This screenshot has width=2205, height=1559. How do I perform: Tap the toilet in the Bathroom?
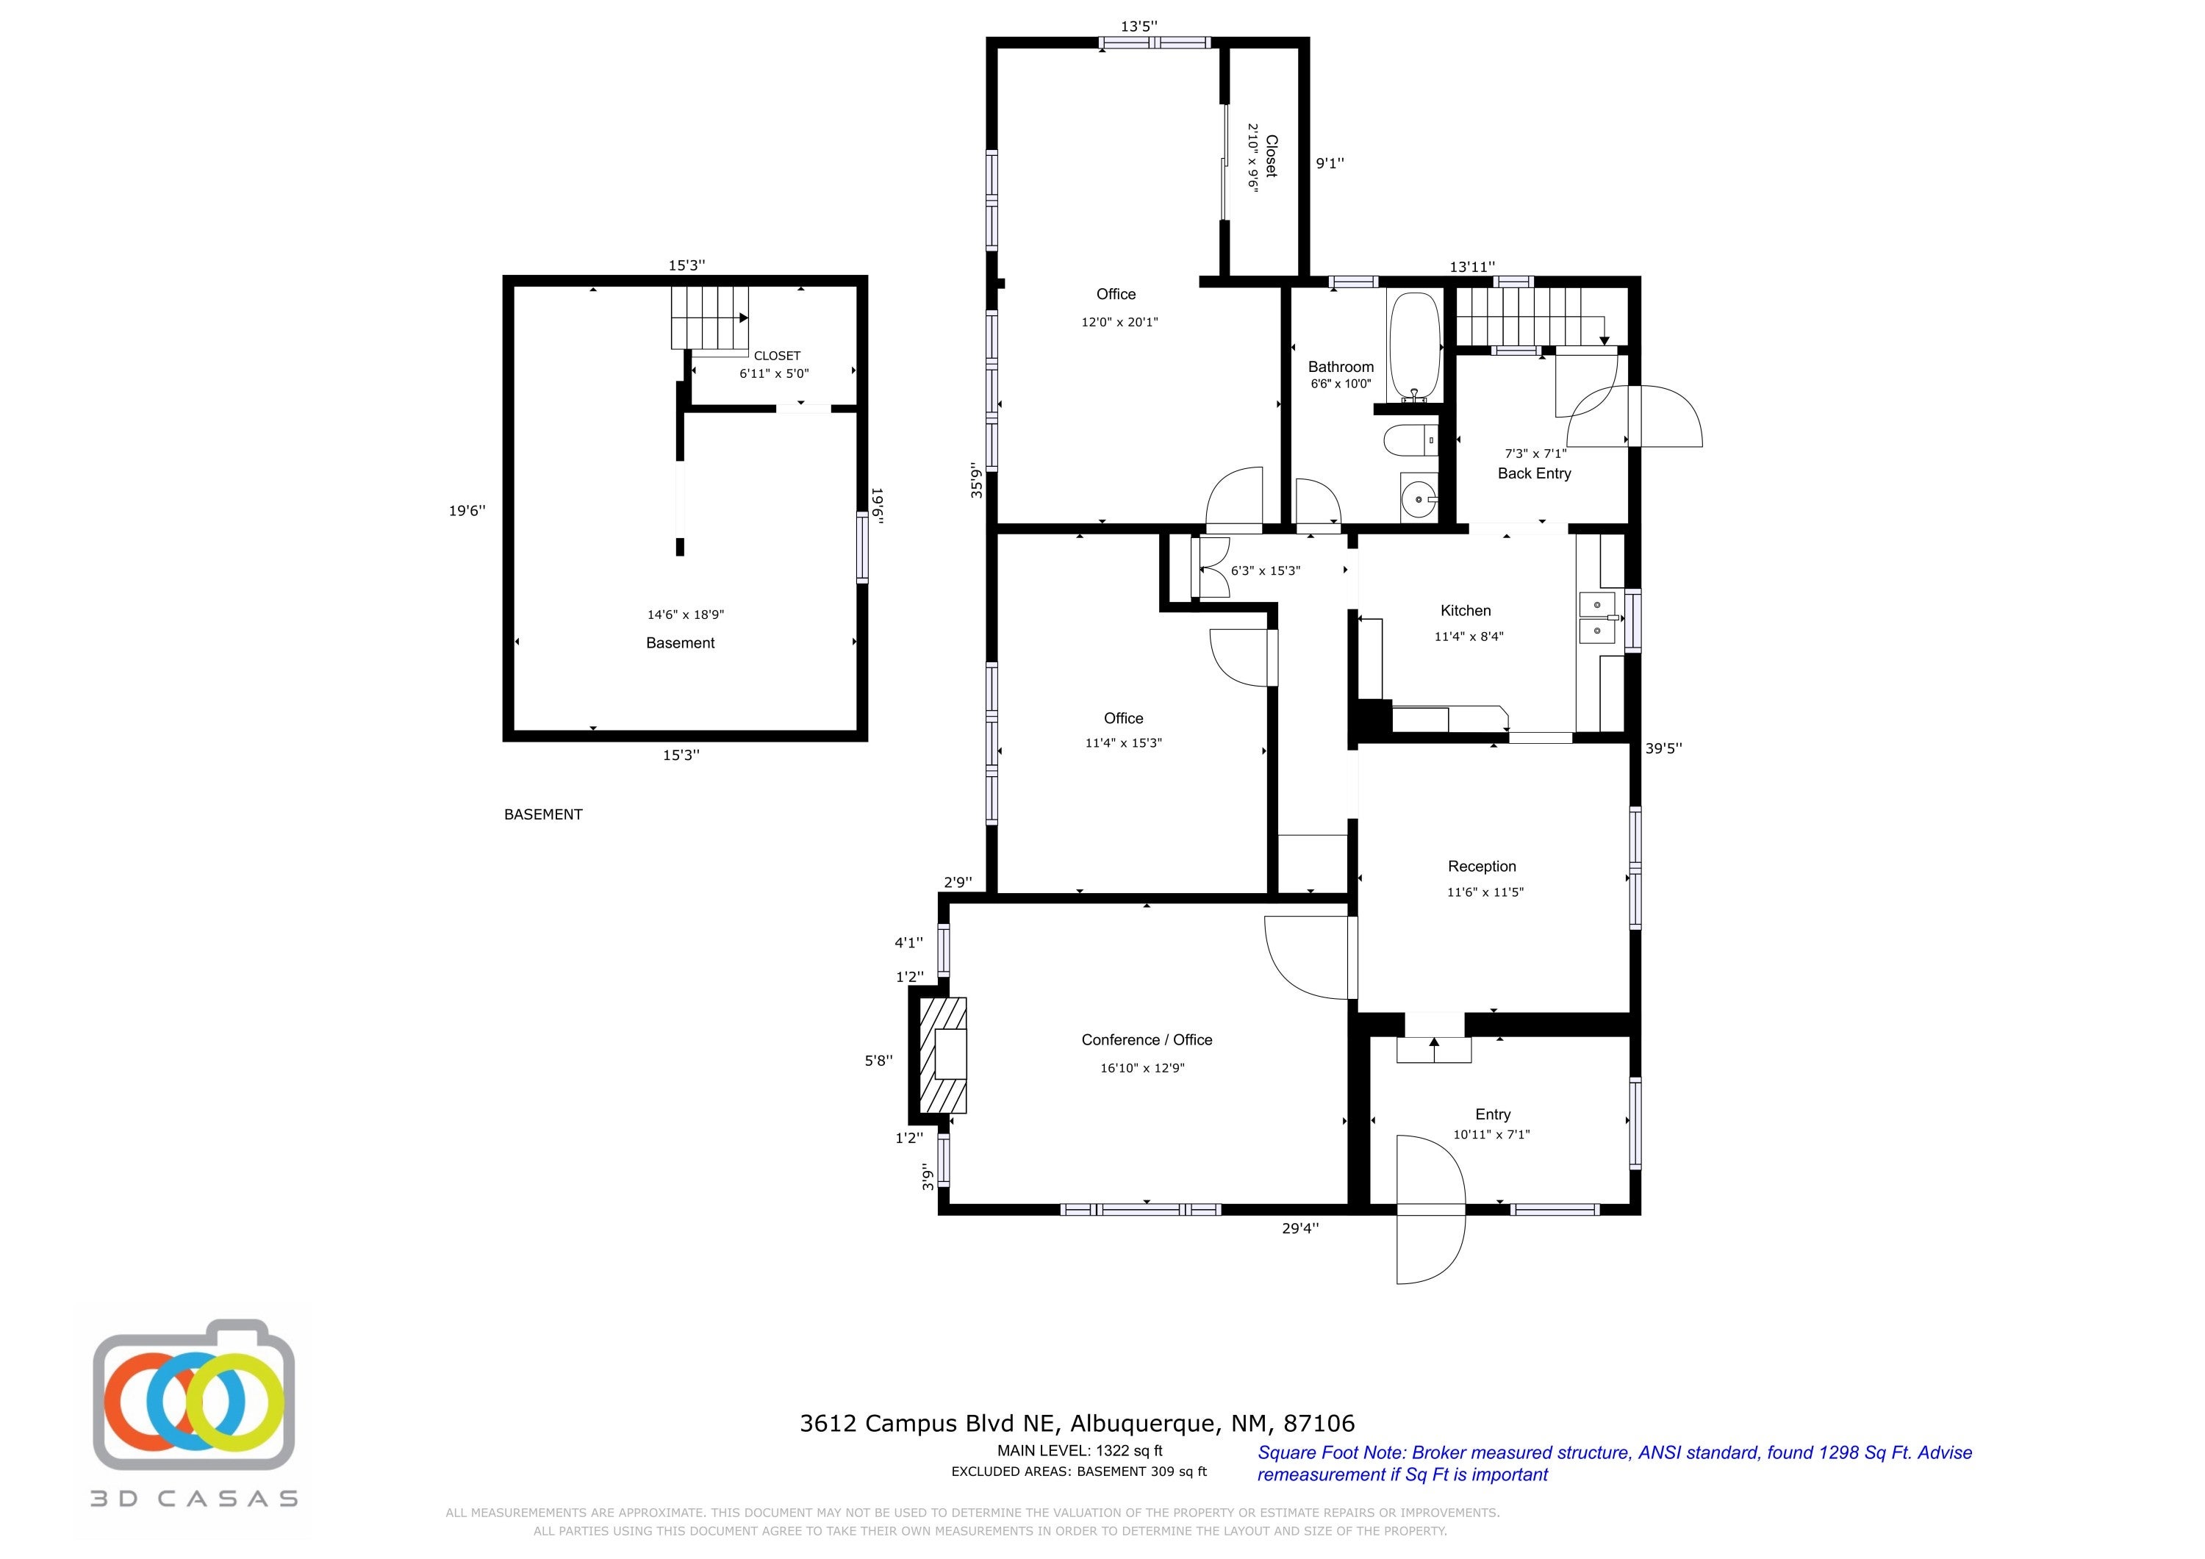point(1410,441)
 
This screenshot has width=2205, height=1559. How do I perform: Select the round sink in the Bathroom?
point(1419,498)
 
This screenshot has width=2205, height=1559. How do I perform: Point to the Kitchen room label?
point(1466,611)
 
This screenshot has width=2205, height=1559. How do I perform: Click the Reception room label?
point(1482,867)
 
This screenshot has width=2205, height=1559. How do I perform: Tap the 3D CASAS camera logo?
point(193,1406)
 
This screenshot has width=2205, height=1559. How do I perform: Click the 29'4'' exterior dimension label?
point(1300,1227)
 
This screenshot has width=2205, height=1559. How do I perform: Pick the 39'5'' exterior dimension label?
point(1663,748)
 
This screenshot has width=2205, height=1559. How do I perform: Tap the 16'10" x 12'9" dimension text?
point(1143,1068)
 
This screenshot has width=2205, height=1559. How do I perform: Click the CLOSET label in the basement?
point(777,356)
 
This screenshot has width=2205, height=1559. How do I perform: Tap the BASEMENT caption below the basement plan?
point(544,814)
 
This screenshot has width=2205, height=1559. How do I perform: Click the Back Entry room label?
point(1535,473)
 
